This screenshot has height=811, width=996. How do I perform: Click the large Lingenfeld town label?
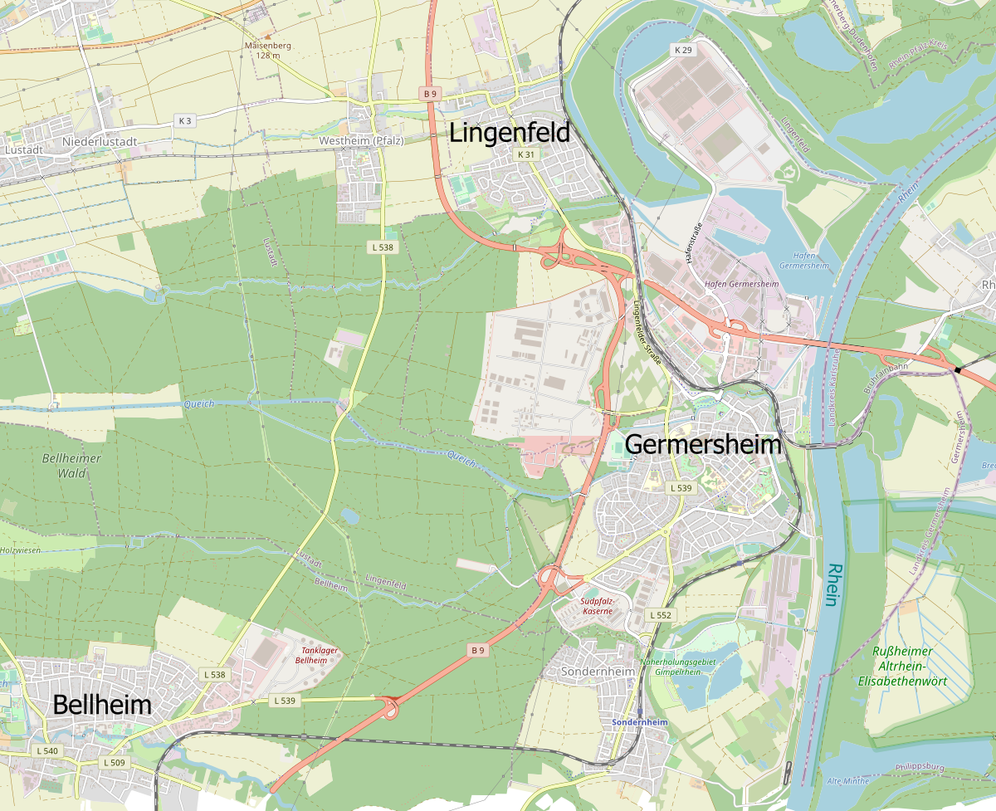click(x=510, y=133)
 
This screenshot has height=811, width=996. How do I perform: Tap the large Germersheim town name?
click(x=702, y=444)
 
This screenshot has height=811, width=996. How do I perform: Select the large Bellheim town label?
click(x=102, y=705)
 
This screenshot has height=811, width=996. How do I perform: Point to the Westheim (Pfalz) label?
click(x=361, y=140)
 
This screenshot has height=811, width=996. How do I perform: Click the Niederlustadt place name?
click(x=99, y=142)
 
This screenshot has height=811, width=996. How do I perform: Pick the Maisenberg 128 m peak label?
click(x=263, y=50)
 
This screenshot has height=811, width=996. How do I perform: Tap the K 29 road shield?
click(x=682, y=51)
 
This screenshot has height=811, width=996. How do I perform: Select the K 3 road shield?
click(x=184, y=120)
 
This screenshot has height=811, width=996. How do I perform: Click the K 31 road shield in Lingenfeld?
click(x=525, y=154)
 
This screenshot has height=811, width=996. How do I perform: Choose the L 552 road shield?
click(x=660, y=615)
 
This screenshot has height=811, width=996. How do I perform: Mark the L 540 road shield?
click(x=47, y=750)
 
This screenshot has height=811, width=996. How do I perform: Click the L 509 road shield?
click(x=114, y=762)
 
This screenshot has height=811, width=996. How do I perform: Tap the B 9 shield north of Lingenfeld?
click(x=429, y=94)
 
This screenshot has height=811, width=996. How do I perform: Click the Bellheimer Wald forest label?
click(x=71, y=466)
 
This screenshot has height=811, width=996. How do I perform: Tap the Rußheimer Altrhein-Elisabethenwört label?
click(x=903, y=666)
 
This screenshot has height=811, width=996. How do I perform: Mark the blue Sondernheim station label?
click(x=639, y=722)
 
